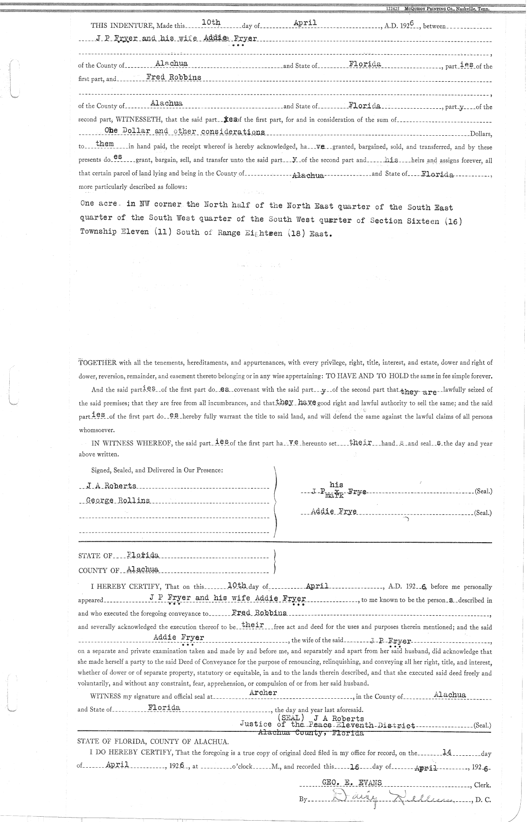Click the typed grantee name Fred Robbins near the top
click(x=174, y=77)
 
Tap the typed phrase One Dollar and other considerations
click(x=185, y=132)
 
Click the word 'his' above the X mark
click(x=337, y=485)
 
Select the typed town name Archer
click(x=263, y=693)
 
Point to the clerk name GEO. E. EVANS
click(x=352, y=782)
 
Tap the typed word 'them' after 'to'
click(x=105, y=144)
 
